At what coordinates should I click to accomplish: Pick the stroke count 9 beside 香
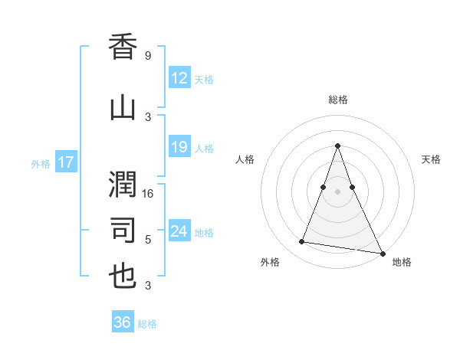tap(148, 56)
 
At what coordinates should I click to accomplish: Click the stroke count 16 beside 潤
tap(149, 194)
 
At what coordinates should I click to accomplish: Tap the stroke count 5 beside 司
tap(148, 240)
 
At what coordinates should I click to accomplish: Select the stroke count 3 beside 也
tap(148, 286)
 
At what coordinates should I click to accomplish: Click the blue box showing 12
tap(179, 78)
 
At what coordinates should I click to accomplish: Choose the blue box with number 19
tap(179, 147)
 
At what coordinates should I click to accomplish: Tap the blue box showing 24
tap(179, 231)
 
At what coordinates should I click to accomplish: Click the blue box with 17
tap(65, 162)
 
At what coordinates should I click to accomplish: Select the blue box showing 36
tap(122, 322)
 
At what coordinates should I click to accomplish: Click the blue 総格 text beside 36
tap(147, 324)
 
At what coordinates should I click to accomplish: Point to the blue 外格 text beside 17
tap(40, 163)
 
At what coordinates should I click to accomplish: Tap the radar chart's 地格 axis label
tap(402, 263)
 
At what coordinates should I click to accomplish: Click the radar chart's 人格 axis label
tap(245, 159)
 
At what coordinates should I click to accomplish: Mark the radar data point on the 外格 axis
tap(301, 242)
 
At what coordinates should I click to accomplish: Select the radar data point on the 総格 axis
tap(337, 146)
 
